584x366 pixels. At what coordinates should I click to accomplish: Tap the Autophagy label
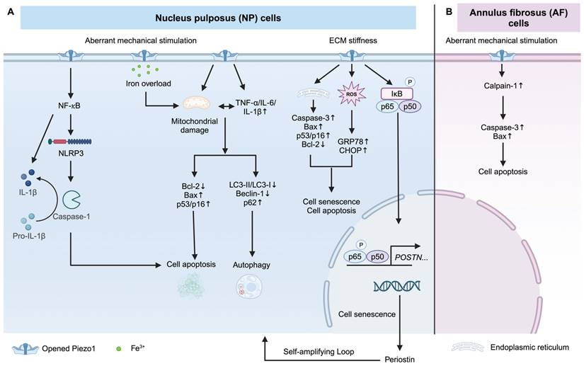pyautogui.click(x=250, y=265)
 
